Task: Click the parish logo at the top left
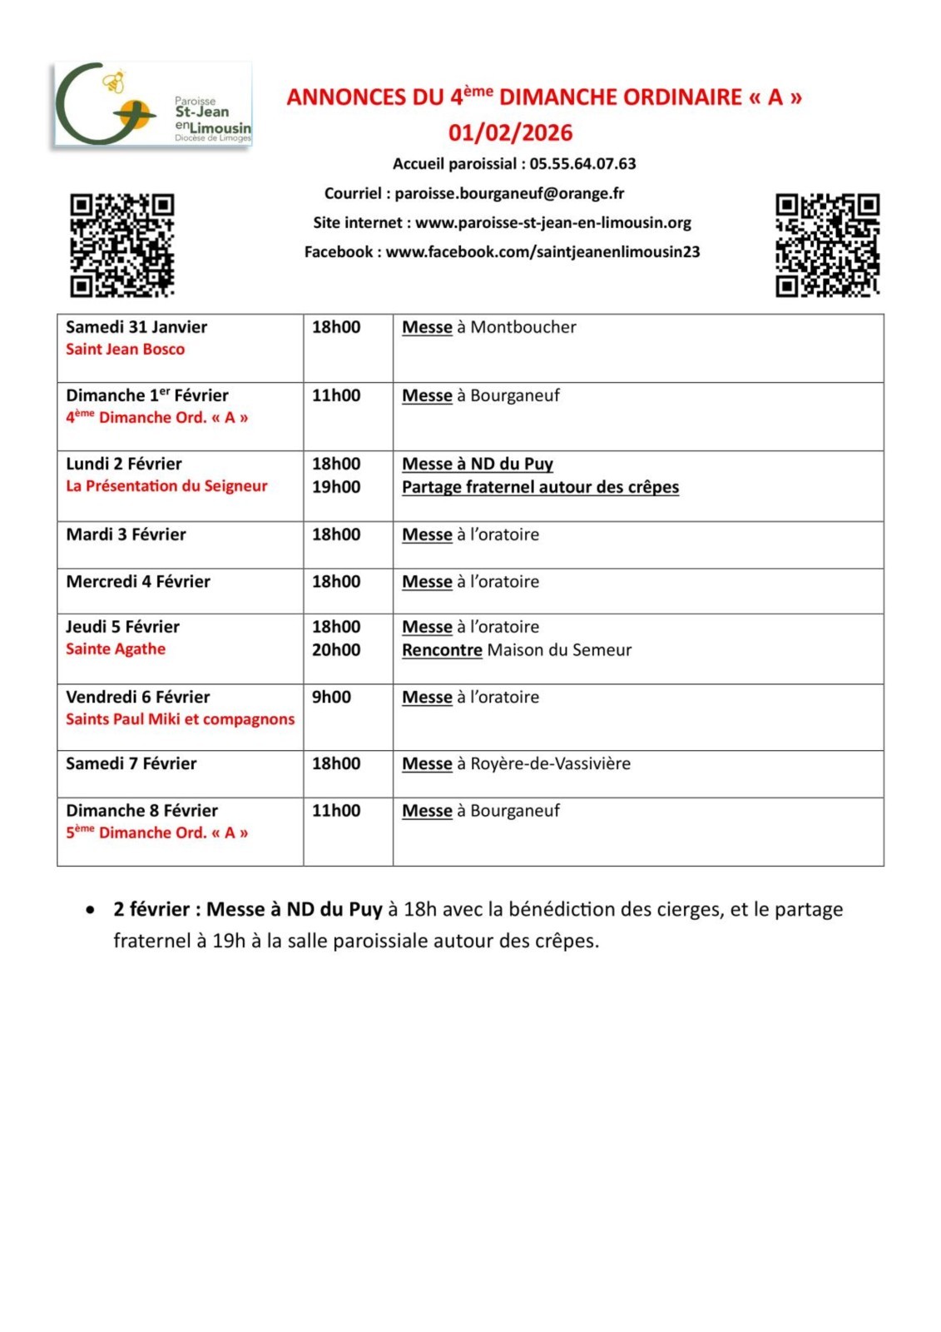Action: (x=152, y=105)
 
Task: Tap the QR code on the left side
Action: (x=121, y=245)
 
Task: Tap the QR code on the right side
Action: (x=827, y=245)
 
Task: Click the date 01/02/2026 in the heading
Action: (x=510, y=132)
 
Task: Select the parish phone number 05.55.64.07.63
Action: (x=582, y=164)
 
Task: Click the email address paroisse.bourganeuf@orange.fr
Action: (x=509, y=193)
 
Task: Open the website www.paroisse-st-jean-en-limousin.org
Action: (x=553, y=222)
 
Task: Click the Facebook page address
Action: (x=542, y=251)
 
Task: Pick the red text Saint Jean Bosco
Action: (x=125, y=350)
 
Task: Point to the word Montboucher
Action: (x=523, y=327)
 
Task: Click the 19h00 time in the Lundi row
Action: (x=336, y=487)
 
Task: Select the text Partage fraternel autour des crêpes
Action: (x=540, y=487)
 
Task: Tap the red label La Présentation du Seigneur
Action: (x=166, y=486)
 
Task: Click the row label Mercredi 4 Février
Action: (x=138, y=582)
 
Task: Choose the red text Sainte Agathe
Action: (x=116, y=649)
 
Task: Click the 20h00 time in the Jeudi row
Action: (x=336, y=650)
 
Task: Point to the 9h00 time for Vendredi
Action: (x=331, y=698)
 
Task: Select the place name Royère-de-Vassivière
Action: (x=550, y=763)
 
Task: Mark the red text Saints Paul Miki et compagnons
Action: (x=180, y=719)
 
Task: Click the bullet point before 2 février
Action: (x=90, y=910)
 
